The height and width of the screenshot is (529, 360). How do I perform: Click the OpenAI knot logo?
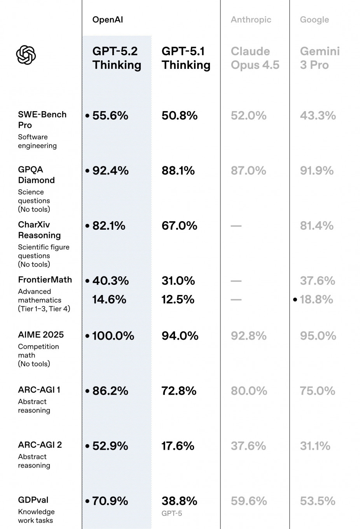[x=26, y=55]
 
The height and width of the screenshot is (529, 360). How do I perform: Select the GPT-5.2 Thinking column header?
[x=117, y=58]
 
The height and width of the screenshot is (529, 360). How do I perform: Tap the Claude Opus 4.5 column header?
[x=255, y=58]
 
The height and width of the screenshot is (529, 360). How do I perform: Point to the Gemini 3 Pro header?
[x=320, y=58]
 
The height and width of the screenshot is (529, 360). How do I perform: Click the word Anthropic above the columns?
[x=251, y=20]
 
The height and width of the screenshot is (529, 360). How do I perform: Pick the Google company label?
[x=314, y=20]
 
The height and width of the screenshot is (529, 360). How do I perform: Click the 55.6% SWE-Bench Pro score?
[x=110, y=115]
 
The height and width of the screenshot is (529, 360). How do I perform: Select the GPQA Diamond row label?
[x=36, y=175]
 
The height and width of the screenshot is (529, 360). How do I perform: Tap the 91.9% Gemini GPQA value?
[x=316, y=171]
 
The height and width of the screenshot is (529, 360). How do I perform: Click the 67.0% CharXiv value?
[x=179, y=226]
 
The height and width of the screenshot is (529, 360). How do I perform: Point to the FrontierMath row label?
[x=45, y=280]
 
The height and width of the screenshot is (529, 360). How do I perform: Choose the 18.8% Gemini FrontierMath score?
[x=316, y=299]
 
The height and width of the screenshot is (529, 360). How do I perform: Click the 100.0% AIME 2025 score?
[x=113, y=336]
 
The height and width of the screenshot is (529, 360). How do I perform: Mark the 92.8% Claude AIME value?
[x=248, y=336]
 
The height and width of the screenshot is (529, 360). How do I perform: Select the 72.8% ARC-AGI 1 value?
[x=179, y=391]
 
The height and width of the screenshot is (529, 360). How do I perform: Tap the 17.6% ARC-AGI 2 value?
[x=178, y=446]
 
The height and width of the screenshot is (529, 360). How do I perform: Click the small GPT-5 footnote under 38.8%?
[x=171, y=513]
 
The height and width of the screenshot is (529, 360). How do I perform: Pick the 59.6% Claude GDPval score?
[x=248, y=501]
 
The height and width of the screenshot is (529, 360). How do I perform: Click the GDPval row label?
[x=33, y=500]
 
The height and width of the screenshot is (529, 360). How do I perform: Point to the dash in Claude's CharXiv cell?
[x=236, y=226]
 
